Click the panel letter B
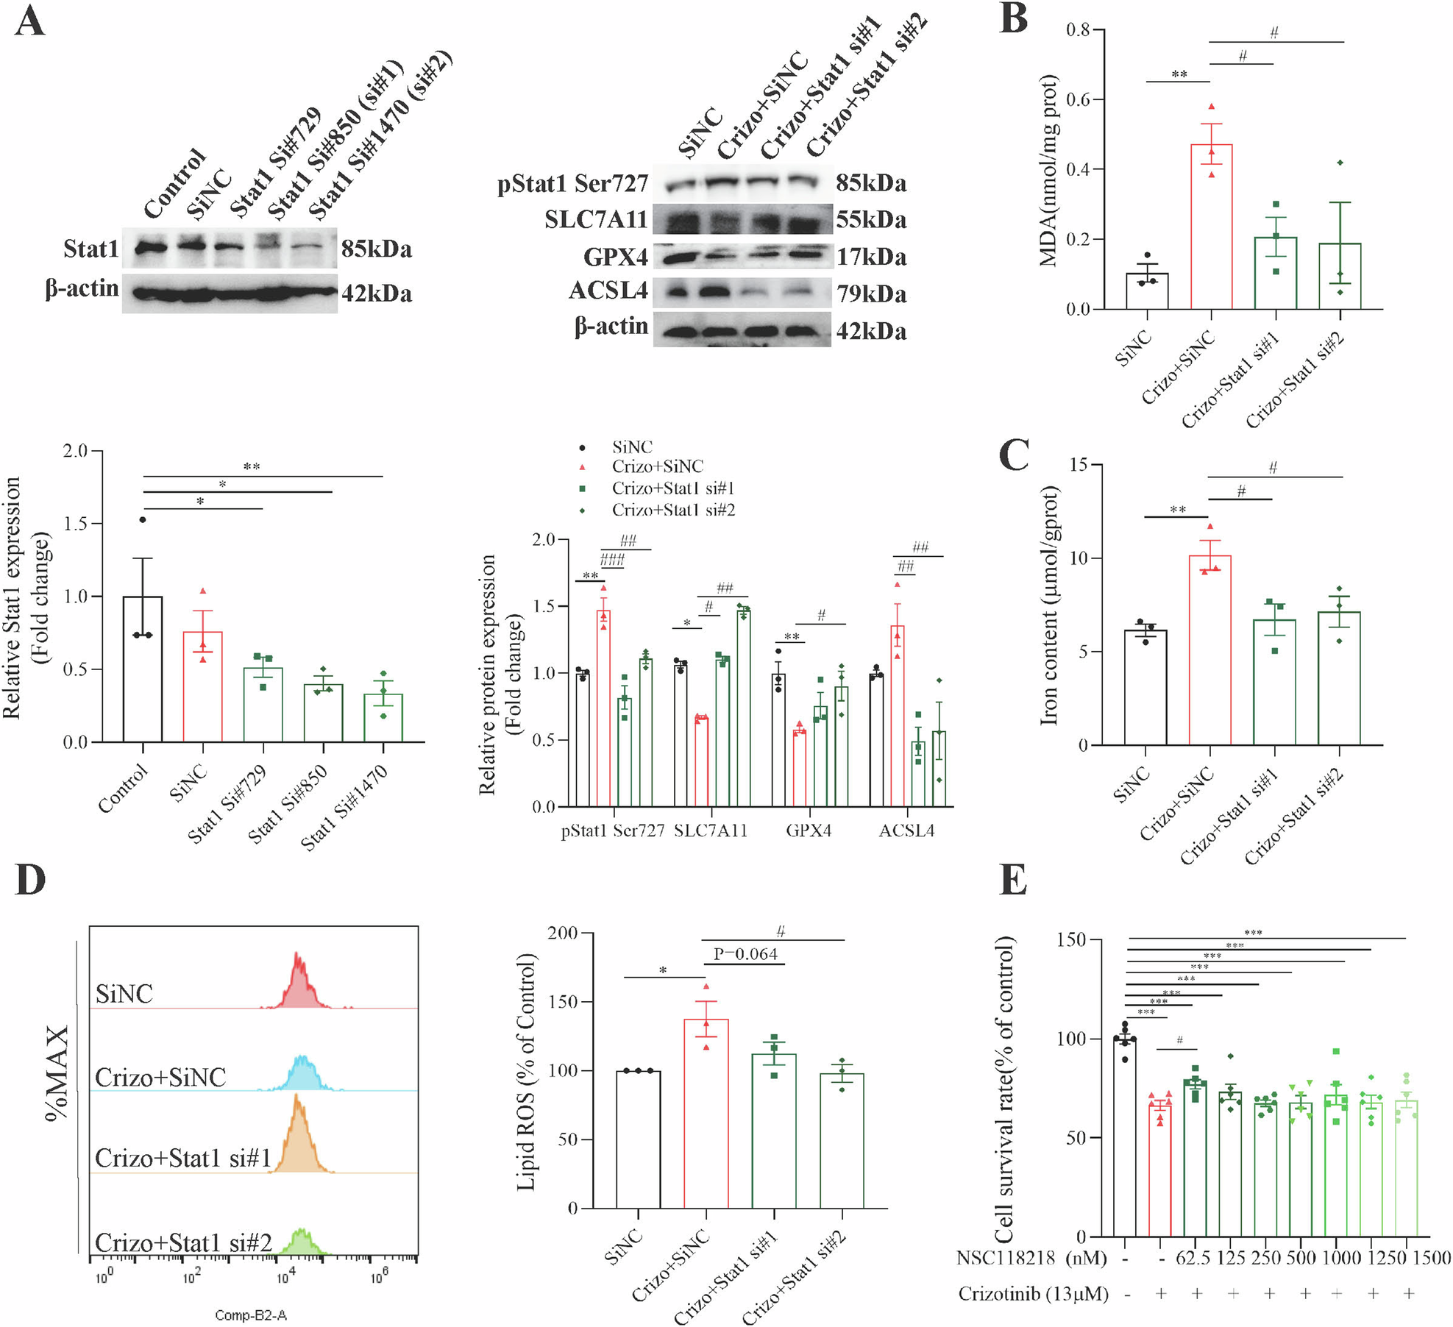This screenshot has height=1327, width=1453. [x=1014, y=20]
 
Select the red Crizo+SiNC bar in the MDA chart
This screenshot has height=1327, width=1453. [x=1211, y=228]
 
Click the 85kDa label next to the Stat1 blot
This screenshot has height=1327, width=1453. [x=376, y=249]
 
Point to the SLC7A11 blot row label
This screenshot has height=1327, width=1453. [x=595, y=220]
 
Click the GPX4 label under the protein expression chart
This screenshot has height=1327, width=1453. [x=809, y=831]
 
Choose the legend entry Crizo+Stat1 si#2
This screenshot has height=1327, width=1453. [x=672, y=510]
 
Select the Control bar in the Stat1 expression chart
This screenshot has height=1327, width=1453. [x=143, y=669]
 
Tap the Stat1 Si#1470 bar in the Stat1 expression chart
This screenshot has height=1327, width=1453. [x=383, y=718]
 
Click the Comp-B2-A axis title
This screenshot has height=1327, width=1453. [x=251, y=1315]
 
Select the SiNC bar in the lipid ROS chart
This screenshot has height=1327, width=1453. [x=638, y=1139]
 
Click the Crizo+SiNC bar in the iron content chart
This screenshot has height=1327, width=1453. [x=1209, y=651]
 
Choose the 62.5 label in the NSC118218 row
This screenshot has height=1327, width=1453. [x=1193, y=1259]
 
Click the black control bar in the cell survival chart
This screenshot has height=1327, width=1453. [x=1125, y=1137]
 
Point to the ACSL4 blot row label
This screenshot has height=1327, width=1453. [x=608, y=291]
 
